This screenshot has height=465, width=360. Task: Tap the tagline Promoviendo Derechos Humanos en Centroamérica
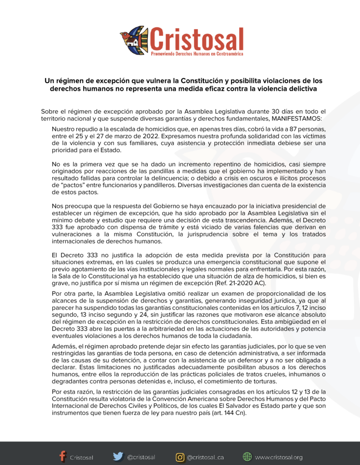coord(196,54)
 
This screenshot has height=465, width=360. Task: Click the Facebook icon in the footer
coord(63,456)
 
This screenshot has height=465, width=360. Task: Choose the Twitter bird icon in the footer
coord(118,456)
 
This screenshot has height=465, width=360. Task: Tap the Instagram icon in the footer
coord(180,457)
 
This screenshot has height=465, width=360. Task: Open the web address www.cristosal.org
coord(278,457)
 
